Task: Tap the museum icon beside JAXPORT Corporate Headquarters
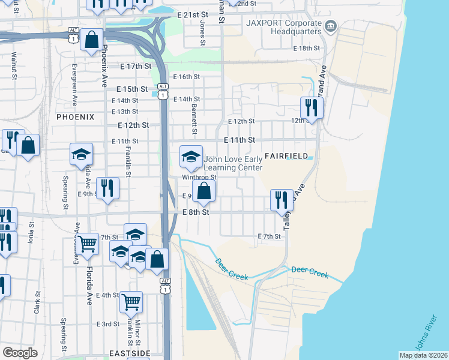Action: [x=331, y=26]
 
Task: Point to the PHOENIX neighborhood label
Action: [x=76, y=117]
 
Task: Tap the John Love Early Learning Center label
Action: [x=234, y=164]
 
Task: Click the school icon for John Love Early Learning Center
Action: [x=191, y=157]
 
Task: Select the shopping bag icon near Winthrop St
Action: [x=204, y=191]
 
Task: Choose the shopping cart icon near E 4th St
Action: [x=131, y=302]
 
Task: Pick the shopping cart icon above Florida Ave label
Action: [x=88, y=243]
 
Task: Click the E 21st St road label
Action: [x=192, y=14]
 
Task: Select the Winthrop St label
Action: [x=199, y=177]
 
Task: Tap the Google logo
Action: [x=20, y=352]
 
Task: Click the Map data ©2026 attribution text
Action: [x=423, y=355]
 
